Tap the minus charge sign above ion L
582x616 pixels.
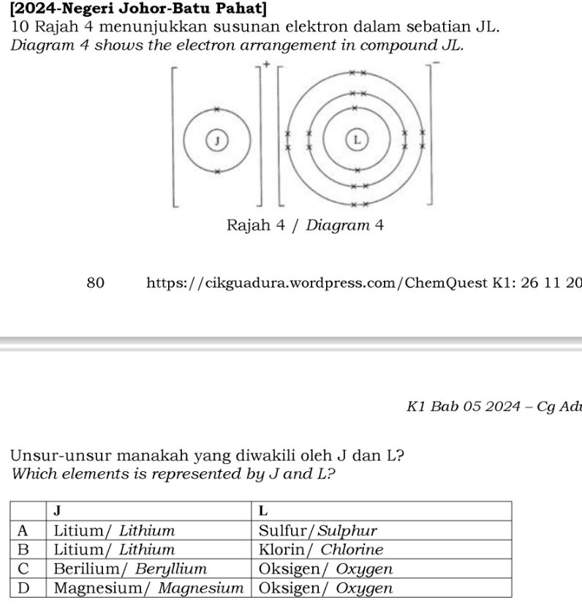(436, 64)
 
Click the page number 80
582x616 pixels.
(96, 282)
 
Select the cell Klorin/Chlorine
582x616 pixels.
(321, 549)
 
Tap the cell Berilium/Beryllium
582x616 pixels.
(131, 568)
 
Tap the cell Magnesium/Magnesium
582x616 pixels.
(148, 587)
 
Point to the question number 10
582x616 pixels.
(20, 27)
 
